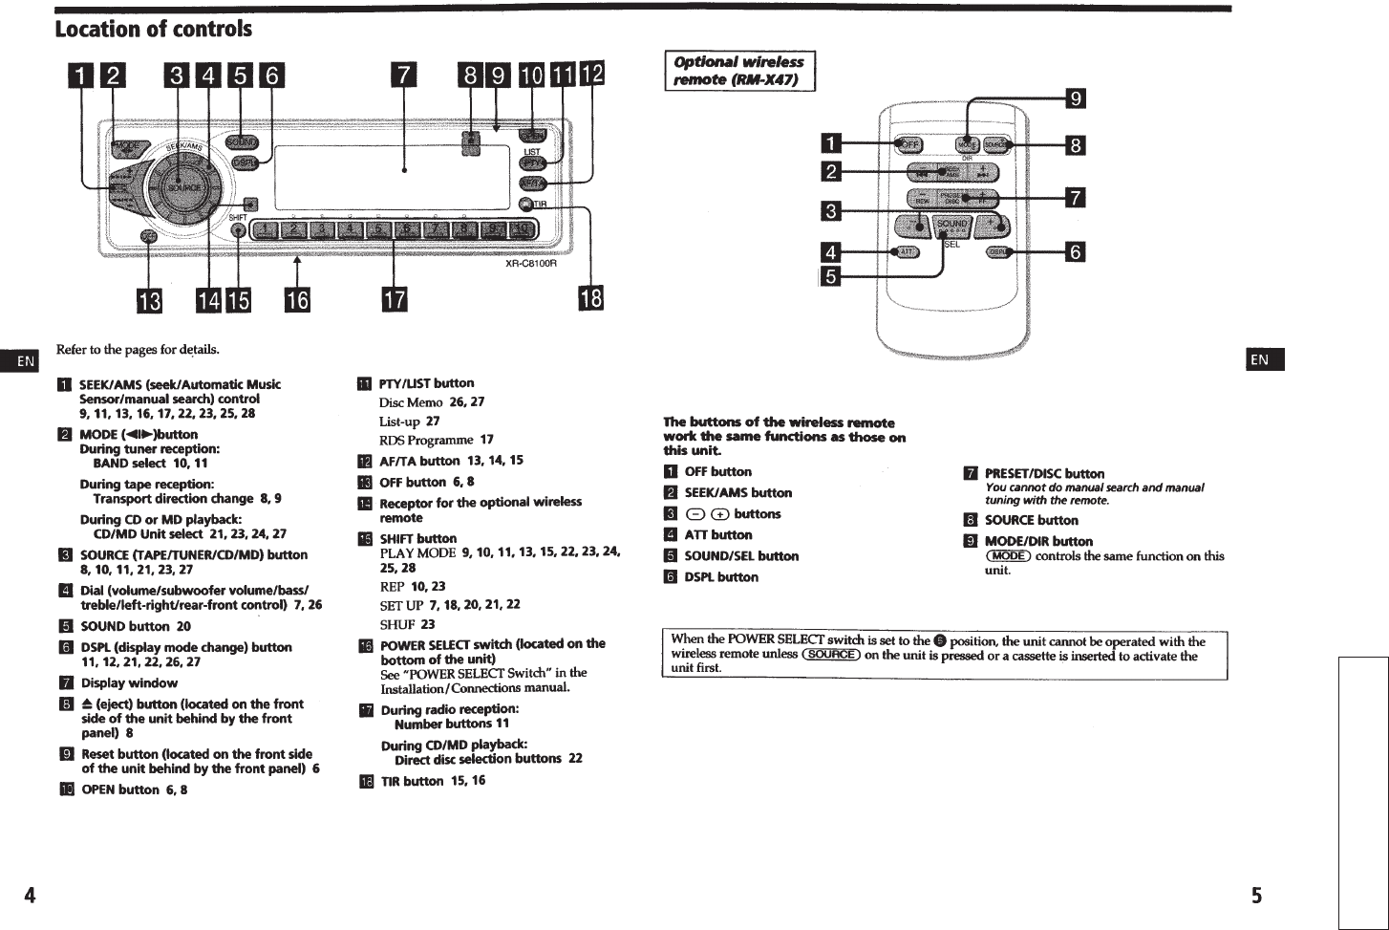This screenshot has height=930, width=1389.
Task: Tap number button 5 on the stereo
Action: (379, 229)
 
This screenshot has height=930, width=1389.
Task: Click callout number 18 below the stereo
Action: (591, 299)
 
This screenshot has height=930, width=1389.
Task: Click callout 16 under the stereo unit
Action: (297, 300)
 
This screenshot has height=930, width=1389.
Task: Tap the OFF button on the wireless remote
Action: (909, 144)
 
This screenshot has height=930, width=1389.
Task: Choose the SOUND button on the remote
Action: (952, 225)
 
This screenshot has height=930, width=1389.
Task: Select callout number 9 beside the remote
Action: (1075, 98)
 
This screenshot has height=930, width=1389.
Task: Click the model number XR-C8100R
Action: (530, 264)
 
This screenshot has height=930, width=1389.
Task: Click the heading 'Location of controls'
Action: (154, 29)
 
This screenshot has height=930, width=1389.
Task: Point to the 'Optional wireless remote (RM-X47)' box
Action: (739, 71)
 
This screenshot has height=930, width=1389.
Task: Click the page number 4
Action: (30, 896)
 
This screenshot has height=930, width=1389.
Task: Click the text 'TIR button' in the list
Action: (412, 781)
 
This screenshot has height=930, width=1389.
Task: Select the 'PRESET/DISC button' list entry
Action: (1044, 473)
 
